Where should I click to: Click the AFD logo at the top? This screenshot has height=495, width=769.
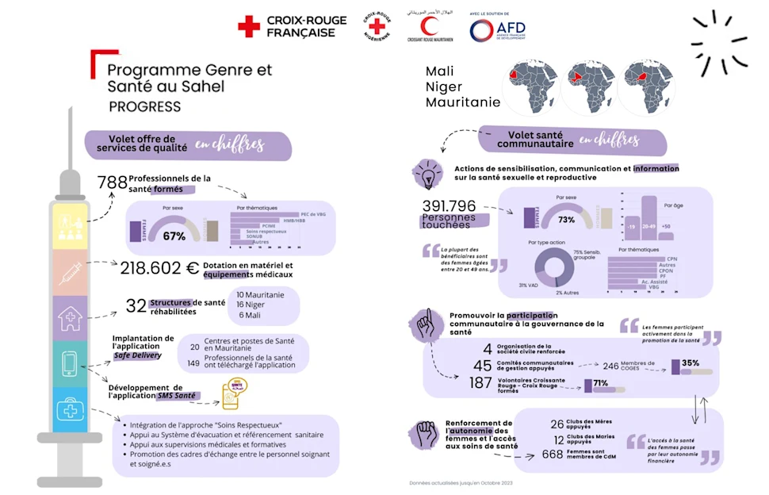tap(497, 29)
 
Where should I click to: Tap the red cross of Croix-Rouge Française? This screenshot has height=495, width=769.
tap(249, 27)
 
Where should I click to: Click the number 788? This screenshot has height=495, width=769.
tap(113, 183)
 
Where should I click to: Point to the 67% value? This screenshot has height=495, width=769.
tap(174, 236)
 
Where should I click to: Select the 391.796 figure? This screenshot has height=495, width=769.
tap(450, 206)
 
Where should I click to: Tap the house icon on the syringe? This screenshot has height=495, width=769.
tap(70, 319)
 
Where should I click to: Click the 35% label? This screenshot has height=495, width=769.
tap(690, 363)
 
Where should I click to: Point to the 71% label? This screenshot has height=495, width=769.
tap(601, 383)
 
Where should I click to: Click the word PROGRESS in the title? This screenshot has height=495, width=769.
tap(145, 106)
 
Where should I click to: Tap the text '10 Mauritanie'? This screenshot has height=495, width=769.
tap(258, 294)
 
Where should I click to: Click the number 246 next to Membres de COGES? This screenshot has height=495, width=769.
tap(610, 366)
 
